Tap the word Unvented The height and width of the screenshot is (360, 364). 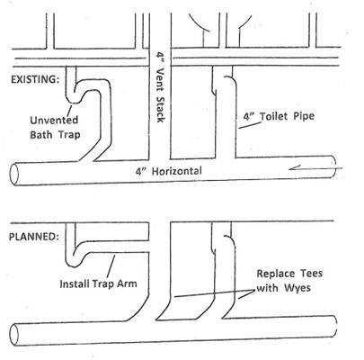tap(54, 120)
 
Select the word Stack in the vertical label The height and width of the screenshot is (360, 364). tap(161, 109)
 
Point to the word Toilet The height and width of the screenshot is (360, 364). tap(272, 116)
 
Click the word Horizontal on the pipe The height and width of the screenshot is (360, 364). tap(177, 171)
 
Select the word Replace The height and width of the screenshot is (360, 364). tap(276, 274)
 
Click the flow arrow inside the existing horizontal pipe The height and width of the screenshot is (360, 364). tap(315, 168)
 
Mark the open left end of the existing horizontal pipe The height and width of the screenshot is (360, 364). tap(14, 175)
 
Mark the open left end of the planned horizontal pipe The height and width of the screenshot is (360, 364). tap(14, 335)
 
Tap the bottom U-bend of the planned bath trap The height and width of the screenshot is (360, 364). tap(74, 263)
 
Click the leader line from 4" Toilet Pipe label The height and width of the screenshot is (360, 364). tap(248, 125)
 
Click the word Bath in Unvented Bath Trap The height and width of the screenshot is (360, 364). tap(41, 134)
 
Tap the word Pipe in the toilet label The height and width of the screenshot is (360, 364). tap(303, 116)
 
